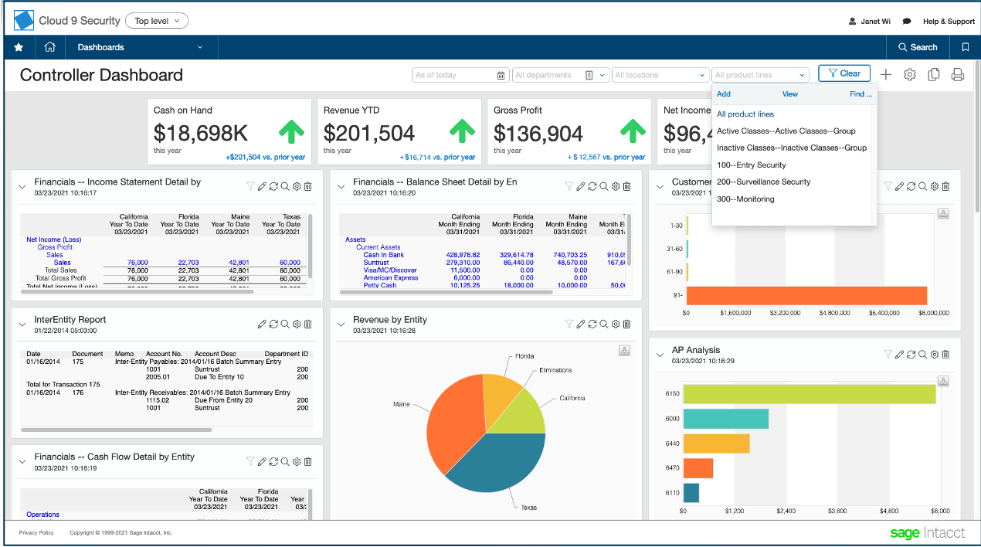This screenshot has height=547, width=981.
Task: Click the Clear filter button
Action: tap(844, 73)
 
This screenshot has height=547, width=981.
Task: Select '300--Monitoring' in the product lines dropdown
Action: tap(745, 199)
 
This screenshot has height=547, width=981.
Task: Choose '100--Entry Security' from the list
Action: tap(751, 165)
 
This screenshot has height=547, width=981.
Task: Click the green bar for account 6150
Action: tap(809, 393)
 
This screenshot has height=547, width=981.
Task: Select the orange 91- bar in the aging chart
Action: tap(806, 295)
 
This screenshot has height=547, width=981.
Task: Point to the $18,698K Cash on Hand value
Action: tap(201, 134)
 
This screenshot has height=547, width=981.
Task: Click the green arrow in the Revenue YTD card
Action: tap(461, 132)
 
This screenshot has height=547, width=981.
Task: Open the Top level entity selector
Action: tap(157, 21)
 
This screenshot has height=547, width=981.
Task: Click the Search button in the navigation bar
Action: tap(918, 47)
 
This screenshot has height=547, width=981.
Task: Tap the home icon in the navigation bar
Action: tap(50, 47)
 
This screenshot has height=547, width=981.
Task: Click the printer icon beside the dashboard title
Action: tap(957, 75)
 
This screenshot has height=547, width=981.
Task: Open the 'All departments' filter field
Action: tap(555, 75)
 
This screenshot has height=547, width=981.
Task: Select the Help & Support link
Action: tap(949, 22)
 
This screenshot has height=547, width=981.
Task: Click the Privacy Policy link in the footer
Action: tap(36, 532)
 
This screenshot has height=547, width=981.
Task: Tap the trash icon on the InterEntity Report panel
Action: tap(307, 324)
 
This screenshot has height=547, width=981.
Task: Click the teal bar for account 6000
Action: tap(725, 418)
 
